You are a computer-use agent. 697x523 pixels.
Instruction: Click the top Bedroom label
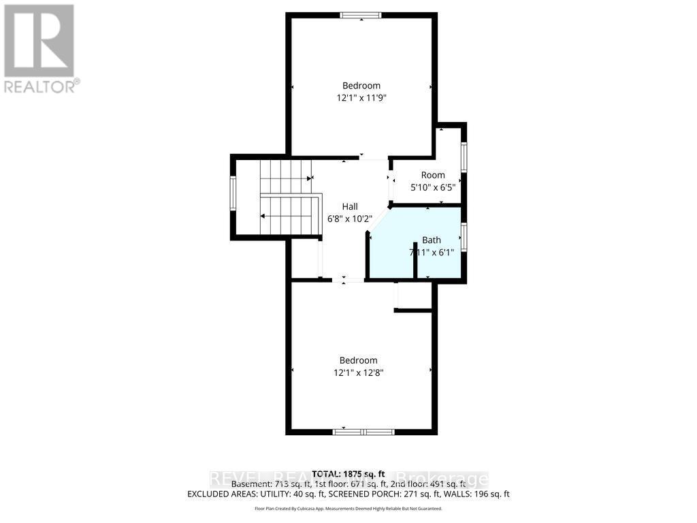361,86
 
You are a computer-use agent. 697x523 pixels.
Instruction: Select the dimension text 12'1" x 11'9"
366,98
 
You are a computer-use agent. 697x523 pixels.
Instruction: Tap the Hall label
350,207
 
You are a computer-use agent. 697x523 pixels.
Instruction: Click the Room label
433,175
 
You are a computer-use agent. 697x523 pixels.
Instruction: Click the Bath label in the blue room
432,240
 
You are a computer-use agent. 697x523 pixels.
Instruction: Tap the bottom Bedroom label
359,360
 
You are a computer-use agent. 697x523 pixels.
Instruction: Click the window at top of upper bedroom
361,15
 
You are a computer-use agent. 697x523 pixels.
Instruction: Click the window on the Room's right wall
464,157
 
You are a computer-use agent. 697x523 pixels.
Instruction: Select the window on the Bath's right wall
464,238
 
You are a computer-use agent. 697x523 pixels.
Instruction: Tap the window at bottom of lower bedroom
363,432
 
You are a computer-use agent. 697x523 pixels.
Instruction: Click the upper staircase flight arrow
286,178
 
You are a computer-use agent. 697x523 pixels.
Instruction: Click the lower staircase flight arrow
286,216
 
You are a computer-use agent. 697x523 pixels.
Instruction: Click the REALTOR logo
40,48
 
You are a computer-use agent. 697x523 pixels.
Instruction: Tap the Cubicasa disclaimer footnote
348,509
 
